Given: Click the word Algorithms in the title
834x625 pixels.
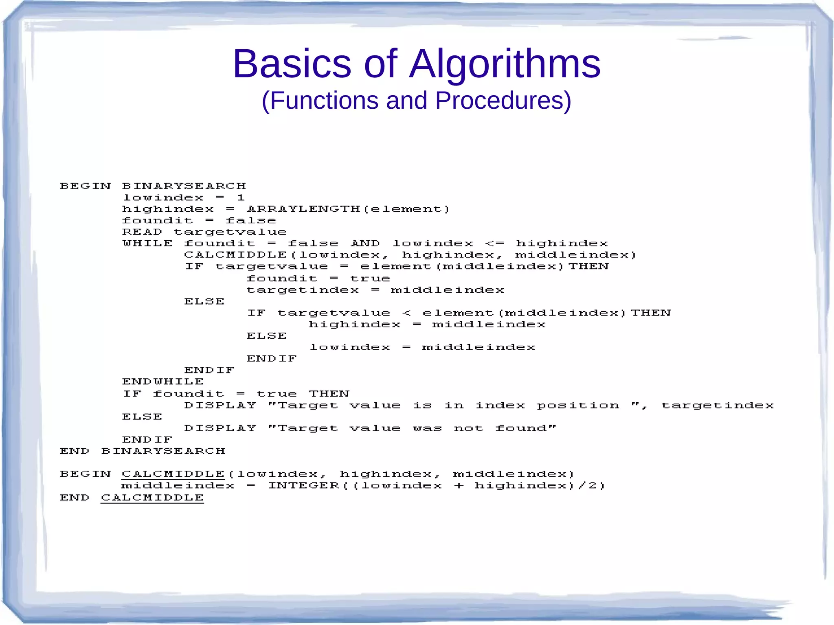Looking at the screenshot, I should (x=505, y=64).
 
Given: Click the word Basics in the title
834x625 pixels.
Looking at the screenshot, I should (x=292, y=64).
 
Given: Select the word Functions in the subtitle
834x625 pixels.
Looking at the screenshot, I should (x=324, y=101).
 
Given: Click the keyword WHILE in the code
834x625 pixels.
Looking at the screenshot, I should (x=147, y=243).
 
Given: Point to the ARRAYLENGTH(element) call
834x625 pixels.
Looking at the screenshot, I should (x=348, y=209).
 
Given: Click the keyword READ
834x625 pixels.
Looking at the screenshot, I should (x=142, y=232).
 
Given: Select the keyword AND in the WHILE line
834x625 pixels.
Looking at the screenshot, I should (x=365, y=243).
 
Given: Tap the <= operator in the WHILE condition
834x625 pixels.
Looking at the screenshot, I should (x=495, y=243).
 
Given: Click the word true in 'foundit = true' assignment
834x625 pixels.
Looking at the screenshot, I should (x=370, y=279).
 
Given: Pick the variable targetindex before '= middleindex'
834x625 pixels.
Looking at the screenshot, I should (x=303, y=290).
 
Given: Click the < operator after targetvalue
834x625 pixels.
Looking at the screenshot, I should (x=406, y=313).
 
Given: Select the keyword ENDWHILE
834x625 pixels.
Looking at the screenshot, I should (x=163, y=382).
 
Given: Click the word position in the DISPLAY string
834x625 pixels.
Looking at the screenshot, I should (x=578, y=406).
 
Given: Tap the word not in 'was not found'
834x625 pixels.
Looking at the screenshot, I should (x=469, y=428).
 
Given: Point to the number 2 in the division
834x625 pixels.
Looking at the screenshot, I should (x=593, y=486).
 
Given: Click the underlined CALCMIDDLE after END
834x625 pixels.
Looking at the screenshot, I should (x=152, y=498).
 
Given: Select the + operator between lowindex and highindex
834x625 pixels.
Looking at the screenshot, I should (x=459, y=486).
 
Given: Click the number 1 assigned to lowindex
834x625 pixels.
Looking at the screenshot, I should (x=241, y=198).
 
